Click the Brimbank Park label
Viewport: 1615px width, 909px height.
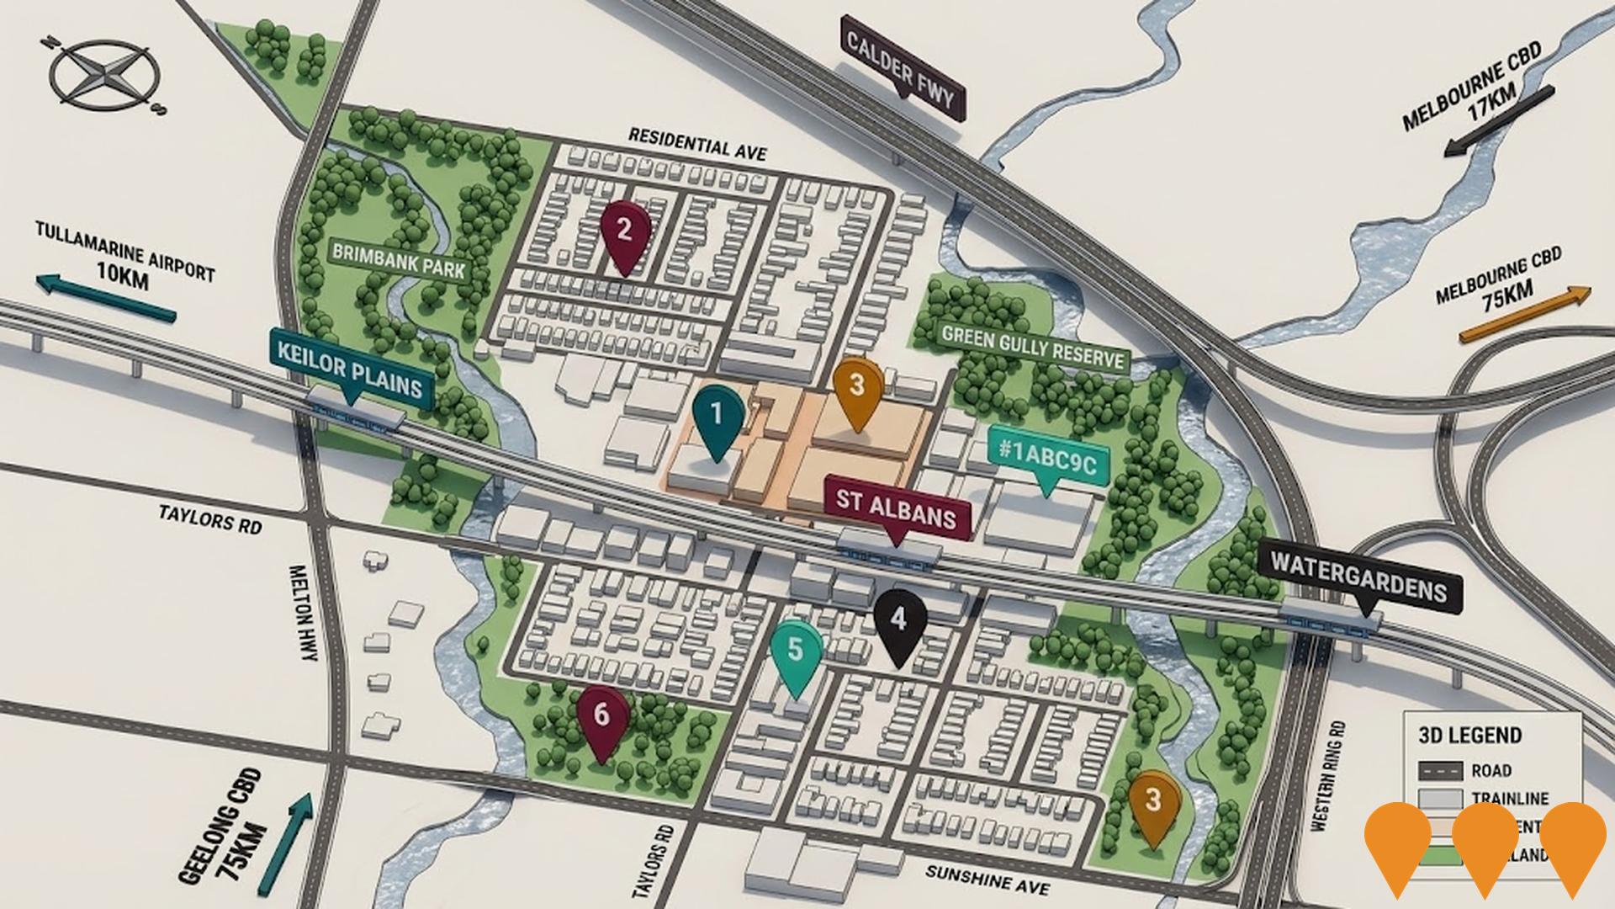[x=398, y=261]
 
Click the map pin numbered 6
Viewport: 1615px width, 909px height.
[x=601, y=718]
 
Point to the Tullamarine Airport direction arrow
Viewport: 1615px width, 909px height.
[x=106, y=298]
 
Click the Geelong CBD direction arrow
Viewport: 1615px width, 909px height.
[x=288, y=842]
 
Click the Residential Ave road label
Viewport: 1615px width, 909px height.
[x=697, y=143]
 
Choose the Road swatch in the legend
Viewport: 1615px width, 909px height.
[x=1440, y=770]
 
